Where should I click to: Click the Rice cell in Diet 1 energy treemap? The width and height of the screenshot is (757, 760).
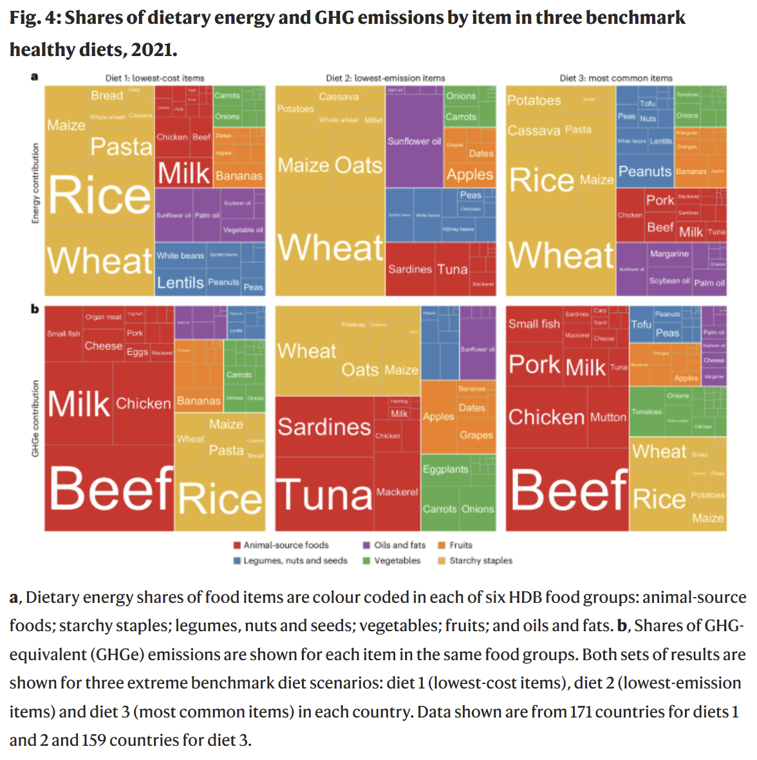100,196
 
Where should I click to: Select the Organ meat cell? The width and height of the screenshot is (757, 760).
103,317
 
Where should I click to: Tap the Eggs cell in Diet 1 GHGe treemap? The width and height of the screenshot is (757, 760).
137,352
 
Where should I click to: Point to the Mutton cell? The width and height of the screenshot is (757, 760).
608,417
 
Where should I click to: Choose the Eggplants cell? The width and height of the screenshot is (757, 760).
445,470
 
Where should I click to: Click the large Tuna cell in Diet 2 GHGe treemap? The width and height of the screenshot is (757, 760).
324,495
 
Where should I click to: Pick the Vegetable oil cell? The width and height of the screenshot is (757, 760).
243,230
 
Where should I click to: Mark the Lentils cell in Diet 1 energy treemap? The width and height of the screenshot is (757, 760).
180,282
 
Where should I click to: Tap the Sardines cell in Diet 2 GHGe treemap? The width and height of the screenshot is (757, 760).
324,426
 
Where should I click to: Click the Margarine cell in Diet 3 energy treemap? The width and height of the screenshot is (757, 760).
669,254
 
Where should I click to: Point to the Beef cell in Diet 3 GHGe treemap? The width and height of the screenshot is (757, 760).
568,489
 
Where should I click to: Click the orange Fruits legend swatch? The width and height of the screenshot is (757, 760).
442,545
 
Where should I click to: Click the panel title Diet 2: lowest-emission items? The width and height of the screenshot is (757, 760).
385,78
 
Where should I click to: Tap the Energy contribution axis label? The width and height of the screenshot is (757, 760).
35,184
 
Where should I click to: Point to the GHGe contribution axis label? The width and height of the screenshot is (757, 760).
35,419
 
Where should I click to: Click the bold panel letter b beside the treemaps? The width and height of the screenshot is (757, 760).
35,309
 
